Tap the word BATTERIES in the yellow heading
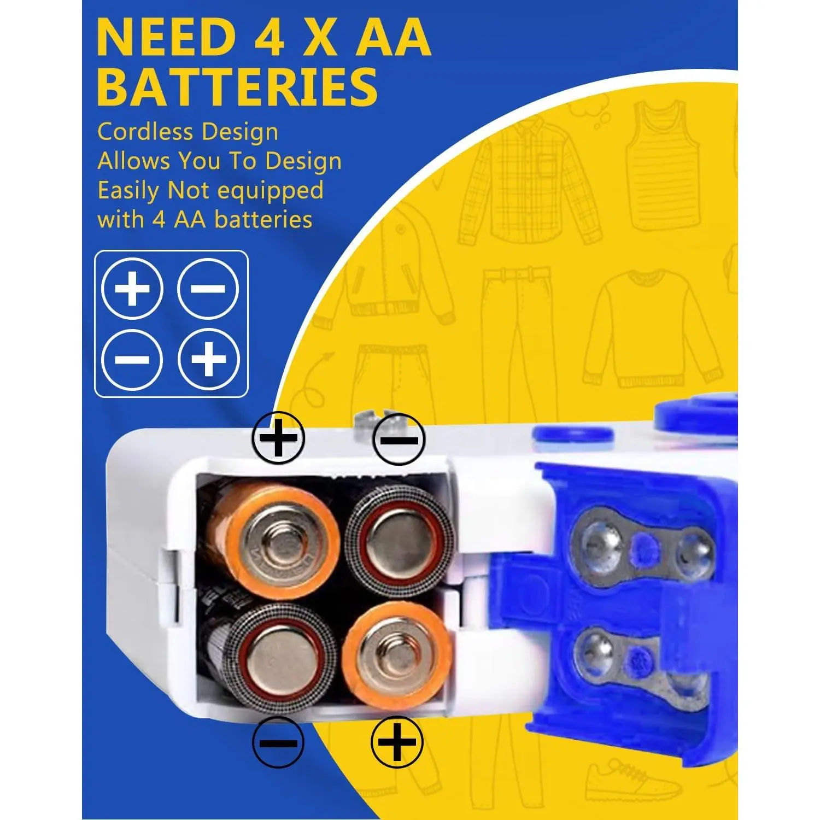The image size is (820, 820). coord(237,87)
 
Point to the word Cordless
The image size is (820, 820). coord(145,132)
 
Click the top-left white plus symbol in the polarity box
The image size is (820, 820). coord(132,289)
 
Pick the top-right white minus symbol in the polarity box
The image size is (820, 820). coord(208,289)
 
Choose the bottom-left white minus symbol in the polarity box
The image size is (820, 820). coord(132,359)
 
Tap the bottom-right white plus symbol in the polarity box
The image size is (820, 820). coord(208,359)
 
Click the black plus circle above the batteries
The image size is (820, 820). coord(278,438)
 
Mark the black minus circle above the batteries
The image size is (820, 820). coord(399,439)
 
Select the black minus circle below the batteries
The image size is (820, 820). coord(278,742)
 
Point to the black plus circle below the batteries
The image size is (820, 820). coord(397,742)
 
